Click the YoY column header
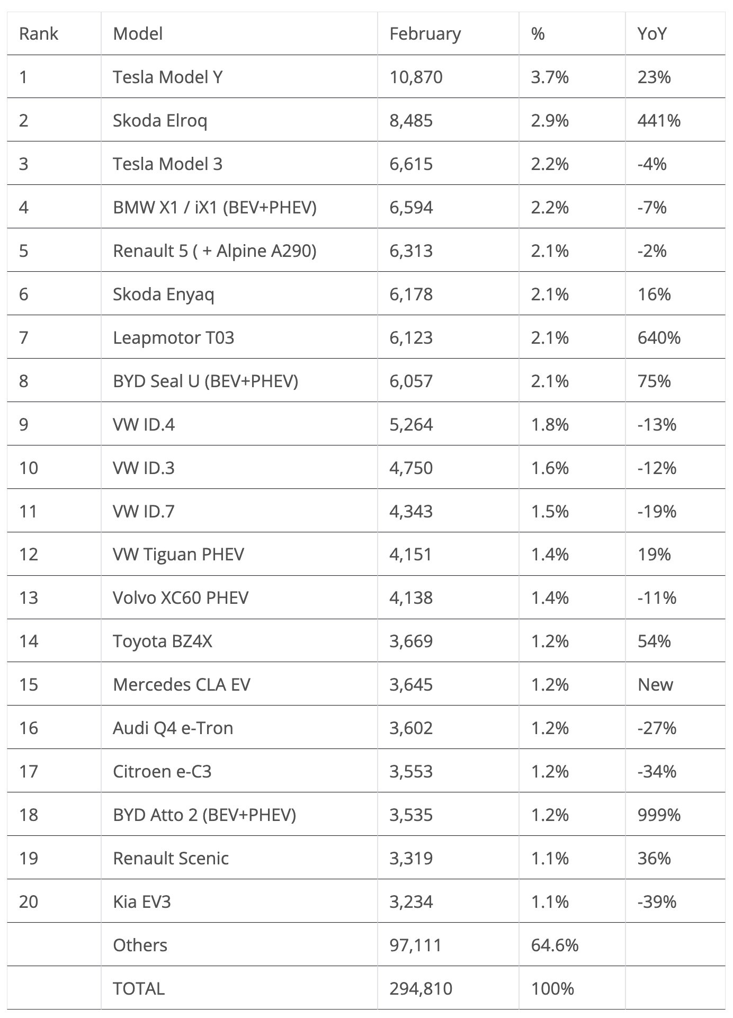pos(651,34)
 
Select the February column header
pos(425,34)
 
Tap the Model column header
pos(138,34)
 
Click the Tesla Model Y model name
pos(167,77)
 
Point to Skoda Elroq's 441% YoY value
pos(659,121)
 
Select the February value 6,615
pos(411,164)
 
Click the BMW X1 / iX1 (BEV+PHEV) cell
pos(214,207)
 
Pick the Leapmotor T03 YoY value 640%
pos(659,337)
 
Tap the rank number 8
pos(24,381)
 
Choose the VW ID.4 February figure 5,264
pos(411,424)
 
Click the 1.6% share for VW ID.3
pos(550,468)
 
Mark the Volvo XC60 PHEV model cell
pos(181,597)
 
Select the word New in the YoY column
pos(655,684)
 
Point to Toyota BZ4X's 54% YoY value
pos(654,641)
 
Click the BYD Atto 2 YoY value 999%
pos(659,815)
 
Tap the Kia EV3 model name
pos(142,901)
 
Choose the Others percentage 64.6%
pos(555,945)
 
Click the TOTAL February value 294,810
pos(421,988)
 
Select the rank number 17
pos(29,771)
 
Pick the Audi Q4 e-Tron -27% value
pos(657,728)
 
